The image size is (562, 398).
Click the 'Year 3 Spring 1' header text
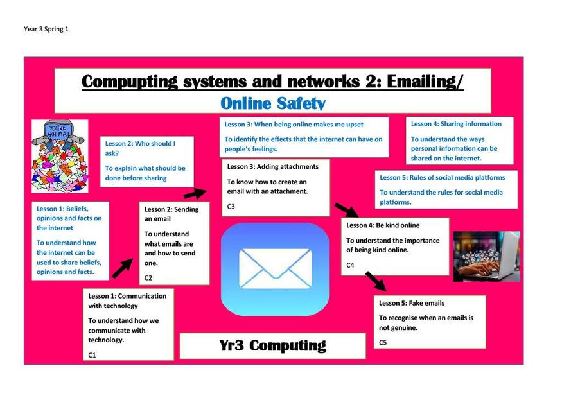click(46, 29)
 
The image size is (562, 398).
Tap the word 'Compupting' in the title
click(129, 82)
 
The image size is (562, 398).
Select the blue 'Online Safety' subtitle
click(273, 103)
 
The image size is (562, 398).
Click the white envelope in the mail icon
click(276, 269)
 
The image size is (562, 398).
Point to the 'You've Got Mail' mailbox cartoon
click(60, 156)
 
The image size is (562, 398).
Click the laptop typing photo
click(486, 256)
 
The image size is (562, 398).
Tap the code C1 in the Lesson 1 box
click(92, 355)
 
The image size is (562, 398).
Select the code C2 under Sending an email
click(148, 277)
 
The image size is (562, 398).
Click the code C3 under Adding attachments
click(231, 206)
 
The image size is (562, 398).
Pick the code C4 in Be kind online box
click(350, 265)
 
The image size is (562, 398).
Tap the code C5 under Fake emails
click(383, 343)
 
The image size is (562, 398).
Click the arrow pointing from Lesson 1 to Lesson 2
click(122, 268)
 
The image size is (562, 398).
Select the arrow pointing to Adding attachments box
click(195, 193)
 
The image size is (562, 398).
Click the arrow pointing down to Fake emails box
click(376, 281)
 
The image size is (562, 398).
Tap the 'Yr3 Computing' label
click(273, 345)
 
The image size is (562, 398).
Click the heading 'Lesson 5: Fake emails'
click(412, 303)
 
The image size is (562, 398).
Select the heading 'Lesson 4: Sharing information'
click(456, 124)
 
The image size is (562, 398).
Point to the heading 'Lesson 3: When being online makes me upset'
click(294, 125)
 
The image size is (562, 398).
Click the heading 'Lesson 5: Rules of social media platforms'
click(443, 177)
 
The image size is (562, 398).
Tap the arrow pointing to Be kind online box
click(347, 211)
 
